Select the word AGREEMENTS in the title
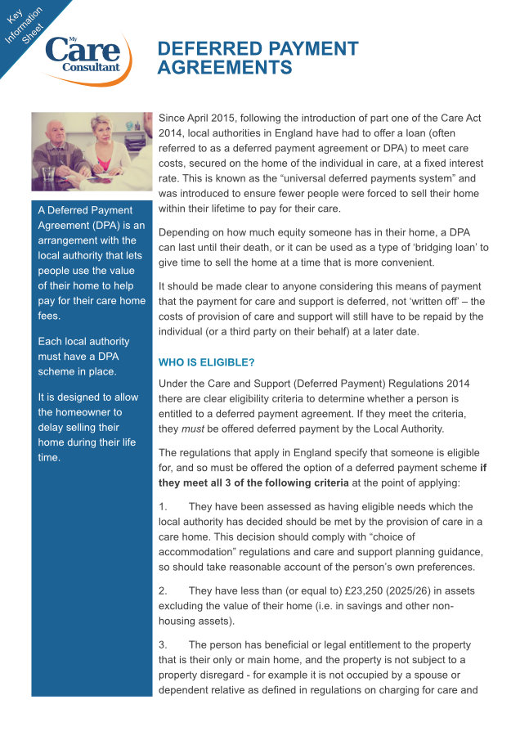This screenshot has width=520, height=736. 224,68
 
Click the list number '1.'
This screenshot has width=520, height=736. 164,507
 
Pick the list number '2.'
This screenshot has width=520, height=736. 164,590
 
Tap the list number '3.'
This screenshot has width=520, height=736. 164,645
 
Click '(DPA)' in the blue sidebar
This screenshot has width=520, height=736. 105,225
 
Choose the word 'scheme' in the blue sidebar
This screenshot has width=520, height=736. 60,370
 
